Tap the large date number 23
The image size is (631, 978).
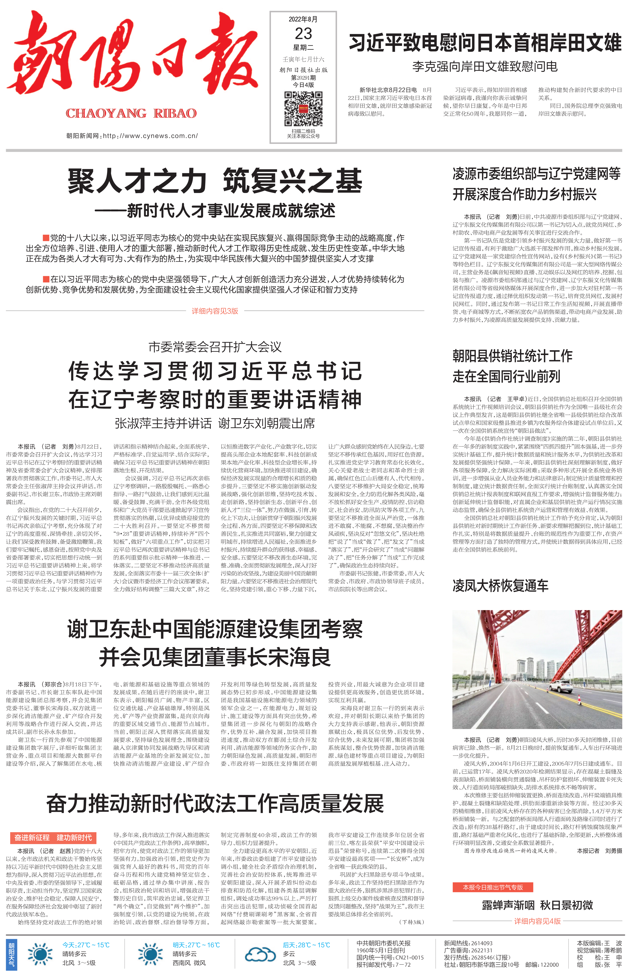tap(303, 33)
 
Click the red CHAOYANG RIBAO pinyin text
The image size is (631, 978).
tap(131, 113)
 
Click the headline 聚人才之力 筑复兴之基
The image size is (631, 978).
tap(215, 181)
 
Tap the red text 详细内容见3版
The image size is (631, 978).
tap(215, 311)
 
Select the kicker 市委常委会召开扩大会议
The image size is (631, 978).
tap(215, 347)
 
